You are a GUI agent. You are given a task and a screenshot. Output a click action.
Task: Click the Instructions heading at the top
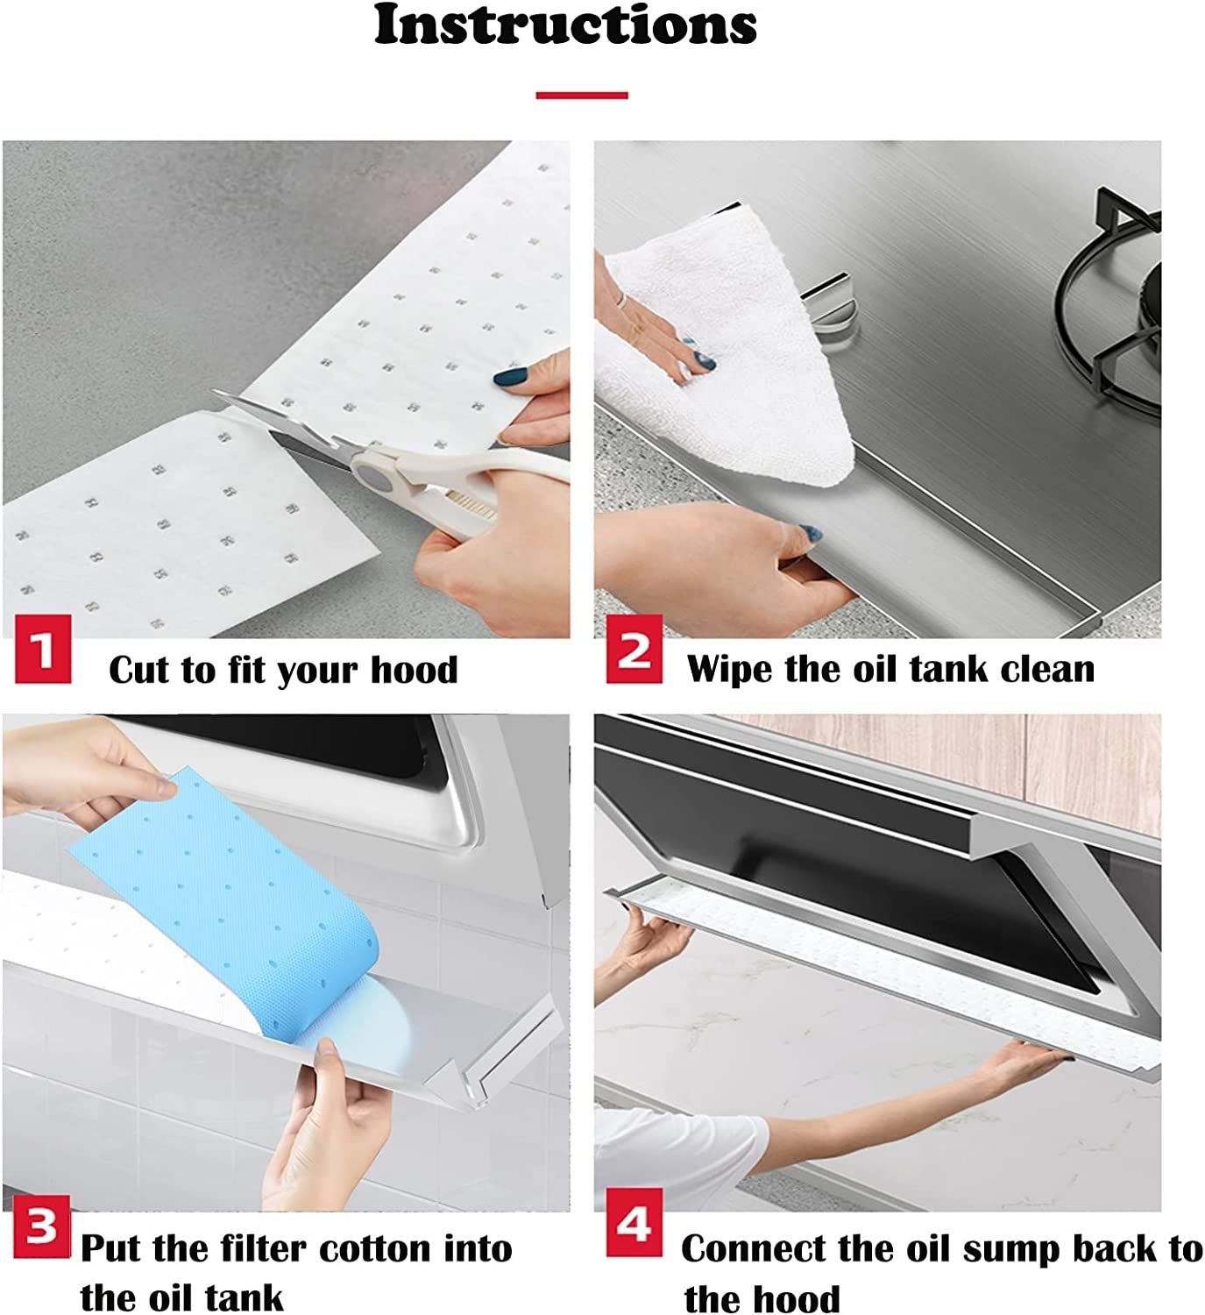tap(565, 26)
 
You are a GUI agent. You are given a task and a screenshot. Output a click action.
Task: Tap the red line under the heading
tap(582, 95)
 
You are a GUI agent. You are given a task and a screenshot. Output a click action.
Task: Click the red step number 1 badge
tap(43, 650)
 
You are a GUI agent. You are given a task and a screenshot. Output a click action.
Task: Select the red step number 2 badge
tap(634, 650)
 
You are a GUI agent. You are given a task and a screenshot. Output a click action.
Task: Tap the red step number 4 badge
tap(634, 1223)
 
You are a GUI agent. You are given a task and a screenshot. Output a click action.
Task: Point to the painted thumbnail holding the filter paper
tap(510, 378)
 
